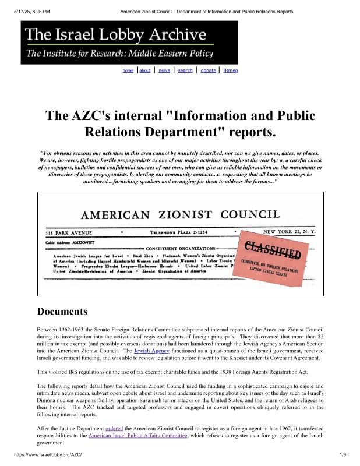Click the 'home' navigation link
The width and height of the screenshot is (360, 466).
(128, 70)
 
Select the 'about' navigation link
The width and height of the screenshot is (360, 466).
(145, 70)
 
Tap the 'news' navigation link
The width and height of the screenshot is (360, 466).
(164, 70)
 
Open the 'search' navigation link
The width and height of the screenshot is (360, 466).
(185, 70)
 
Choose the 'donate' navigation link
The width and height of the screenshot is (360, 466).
(208, 70)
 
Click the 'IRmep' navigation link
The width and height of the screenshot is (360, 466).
(230, 70)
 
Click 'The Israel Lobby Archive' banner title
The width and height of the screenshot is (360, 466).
(115, 34)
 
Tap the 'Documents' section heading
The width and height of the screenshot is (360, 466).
(62, 311)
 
